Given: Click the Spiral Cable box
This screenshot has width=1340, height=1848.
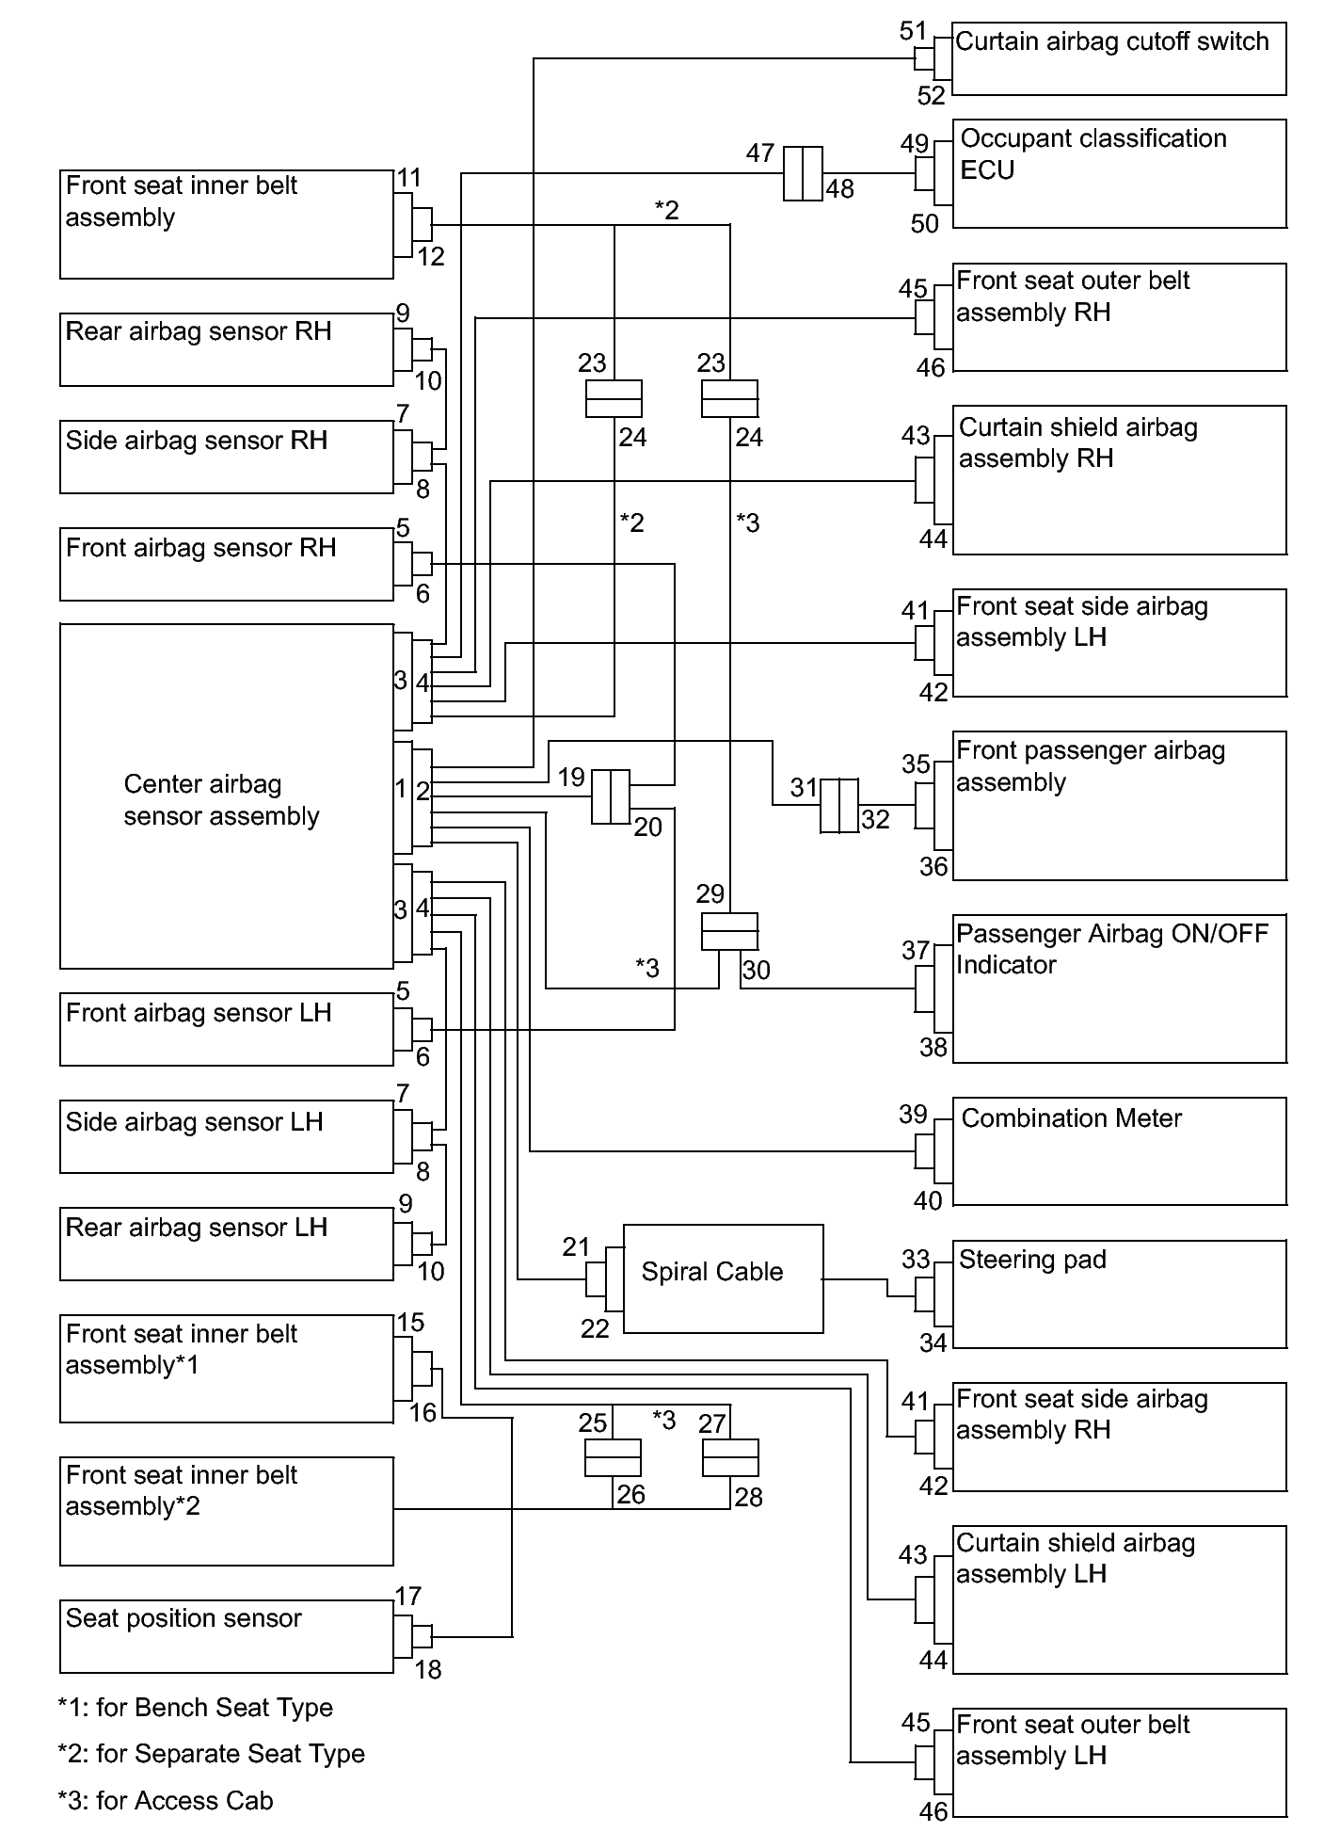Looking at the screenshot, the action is click(723, 1278).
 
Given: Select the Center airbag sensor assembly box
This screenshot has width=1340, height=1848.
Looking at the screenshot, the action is click(227, 795).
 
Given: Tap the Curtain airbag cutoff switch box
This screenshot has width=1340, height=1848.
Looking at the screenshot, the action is click(1119, 58).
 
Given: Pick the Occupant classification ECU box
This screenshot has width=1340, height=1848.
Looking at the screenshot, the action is click(1119, 173).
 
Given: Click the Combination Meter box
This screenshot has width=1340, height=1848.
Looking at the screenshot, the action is click(1119, 1150).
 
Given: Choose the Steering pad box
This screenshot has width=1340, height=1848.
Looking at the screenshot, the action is click(1119, 1294).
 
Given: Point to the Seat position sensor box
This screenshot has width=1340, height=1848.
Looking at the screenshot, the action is click(227, 1636).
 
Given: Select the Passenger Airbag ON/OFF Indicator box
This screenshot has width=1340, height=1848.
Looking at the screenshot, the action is click(1119, 988).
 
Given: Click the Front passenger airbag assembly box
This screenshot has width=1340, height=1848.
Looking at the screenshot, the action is click(1119, 805).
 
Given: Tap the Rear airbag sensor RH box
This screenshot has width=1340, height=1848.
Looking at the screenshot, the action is click(227, 349).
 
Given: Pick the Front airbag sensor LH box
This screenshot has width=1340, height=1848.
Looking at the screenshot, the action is click(227, 1029).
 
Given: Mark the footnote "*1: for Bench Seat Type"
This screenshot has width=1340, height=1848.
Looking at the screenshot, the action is click(196, 1707).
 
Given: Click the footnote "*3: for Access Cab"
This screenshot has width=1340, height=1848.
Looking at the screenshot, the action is click(166, 1800).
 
